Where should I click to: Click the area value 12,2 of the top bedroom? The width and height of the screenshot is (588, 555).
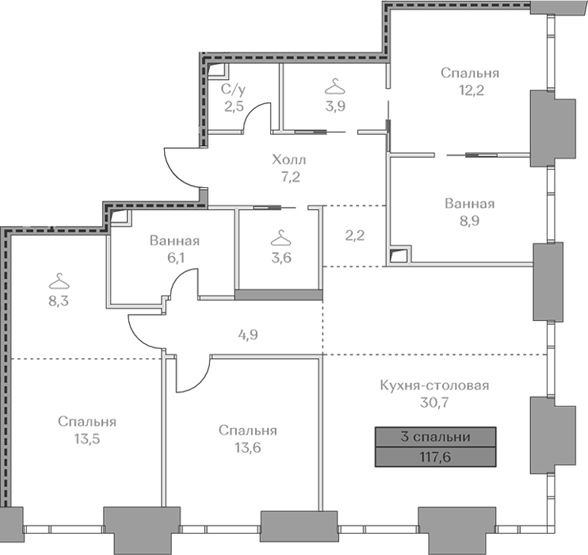pos(472,90)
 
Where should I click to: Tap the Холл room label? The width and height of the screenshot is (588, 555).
pos(288,159)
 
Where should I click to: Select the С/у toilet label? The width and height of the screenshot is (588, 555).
pos(234,90)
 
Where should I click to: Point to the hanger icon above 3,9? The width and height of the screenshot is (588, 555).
pos(335,86)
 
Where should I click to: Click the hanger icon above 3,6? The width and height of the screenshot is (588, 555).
pos(281,238)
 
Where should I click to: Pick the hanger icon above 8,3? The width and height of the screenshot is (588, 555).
pos(59,281)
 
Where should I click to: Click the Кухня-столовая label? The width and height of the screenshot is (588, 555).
pos(434,385)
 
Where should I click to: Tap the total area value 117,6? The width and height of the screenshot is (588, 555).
pos(435,457)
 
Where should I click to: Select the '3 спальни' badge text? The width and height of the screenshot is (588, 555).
pos(435,437)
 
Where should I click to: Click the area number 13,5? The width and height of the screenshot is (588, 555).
pos(87,438)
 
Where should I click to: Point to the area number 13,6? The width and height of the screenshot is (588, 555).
pos(248,447)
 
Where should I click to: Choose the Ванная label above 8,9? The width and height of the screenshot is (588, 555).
pos(469,204)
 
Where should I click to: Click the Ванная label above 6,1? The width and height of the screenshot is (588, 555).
pos(174,240)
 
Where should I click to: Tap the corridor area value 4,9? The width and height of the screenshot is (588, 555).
pos(248,335)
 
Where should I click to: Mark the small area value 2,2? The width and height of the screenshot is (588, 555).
pos(355,235)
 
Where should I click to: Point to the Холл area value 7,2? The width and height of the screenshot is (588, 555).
pos(291,177)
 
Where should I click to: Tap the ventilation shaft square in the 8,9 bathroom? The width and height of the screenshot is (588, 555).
pos(400,255)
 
